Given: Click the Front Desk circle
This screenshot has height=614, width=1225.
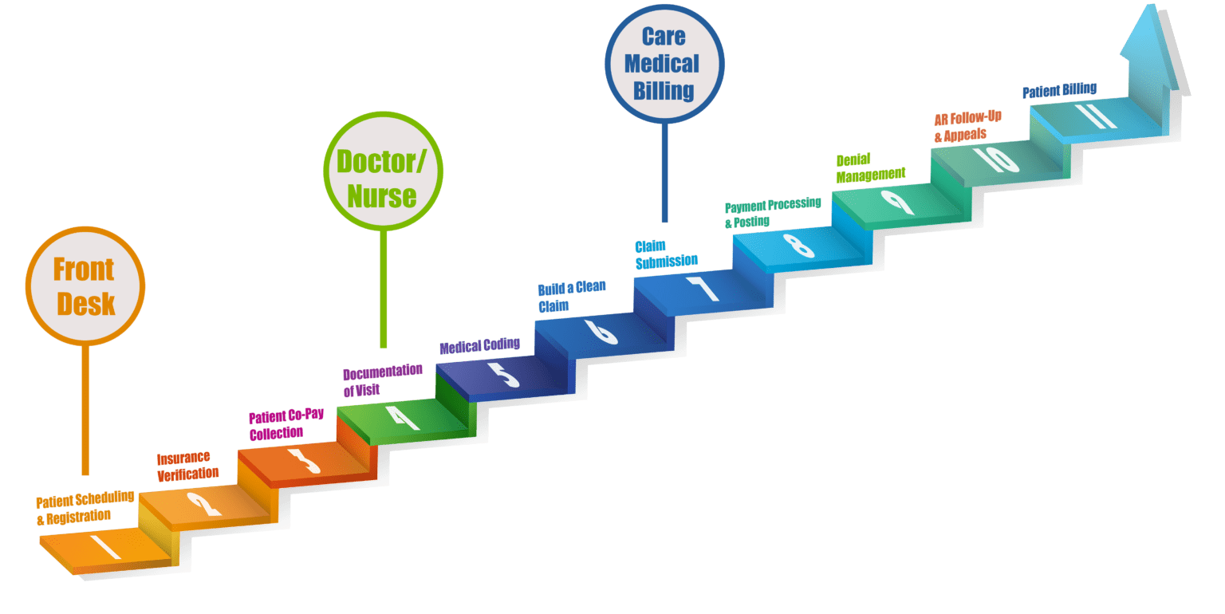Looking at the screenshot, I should tap(85, 286).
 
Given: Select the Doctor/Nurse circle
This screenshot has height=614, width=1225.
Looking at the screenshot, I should tap(382, 172).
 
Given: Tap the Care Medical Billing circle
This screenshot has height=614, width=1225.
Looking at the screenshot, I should tap(664, 63).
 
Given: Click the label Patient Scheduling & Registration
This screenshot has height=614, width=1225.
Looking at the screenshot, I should tap(85, 507).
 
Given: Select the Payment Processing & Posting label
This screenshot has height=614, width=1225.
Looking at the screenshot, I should tap(771, 212).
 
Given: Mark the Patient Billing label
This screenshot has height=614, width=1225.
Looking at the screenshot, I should tap(1060, 90).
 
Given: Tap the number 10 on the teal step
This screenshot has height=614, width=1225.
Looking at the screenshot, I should tap(996, 159).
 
